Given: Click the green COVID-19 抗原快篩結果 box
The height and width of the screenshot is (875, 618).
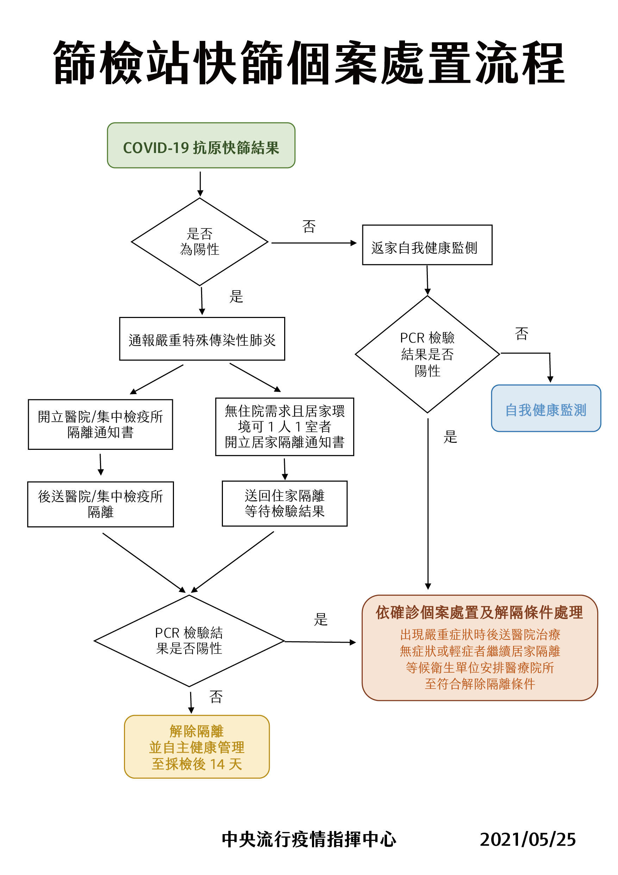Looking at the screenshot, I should tap(201, 145).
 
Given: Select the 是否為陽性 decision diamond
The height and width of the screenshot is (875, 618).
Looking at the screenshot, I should tap(200, 241).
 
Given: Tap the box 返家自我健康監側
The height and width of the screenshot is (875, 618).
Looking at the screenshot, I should tap(427, 245).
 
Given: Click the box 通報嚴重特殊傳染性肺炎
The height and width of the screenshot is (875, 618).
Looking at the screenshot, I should tap(202, 339).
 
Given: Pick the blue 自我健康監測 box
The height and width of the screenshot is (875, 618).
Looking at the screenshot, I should tap(546, 408).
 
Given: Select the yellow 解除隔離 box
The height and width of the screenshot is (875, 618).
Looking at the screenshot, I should tap(196, 747).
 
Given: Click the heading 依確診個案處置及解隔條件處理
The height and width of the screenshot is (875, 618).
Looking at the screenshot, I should tap(479, 612).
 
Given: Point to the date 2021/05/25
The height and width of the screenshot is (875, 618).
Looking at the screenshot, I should tap(528, 839).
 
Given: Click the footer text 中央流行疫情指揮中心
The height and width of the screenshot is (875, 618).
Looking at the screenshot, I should tap(309, 839).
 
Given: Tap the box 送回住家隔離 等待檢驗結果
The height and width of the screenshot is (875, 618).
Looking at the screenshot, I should tap(285, 503).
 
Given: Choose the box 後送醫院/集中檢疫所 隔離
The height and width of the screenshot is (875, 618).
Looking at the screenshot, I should tap(100, 504).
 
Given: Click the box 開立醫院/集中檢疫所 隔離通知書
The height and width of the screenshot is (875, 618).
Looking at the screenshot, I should tap(100, 424).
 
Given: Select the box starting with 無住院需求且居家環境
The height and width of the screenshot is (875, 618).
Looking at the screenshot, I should tap(285, 427).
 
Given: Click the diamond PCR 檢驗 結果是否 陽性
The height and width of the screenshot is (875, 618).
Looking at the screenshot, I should tap(427, 354).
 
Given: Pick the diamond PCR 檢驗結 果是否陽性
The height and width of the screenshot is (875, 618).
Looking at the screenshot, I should tap(189, 641).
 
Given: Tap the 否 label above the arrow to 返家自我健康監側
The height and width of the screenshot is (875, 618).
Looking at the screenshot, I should tap(309, 226).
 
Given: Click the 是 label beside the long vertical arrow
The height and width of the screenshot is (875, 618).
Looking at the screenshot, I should tap(450, 437).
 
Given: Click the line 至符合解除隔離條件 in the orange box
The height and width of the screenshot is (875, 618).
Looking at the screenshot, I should tap(480, 684).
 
